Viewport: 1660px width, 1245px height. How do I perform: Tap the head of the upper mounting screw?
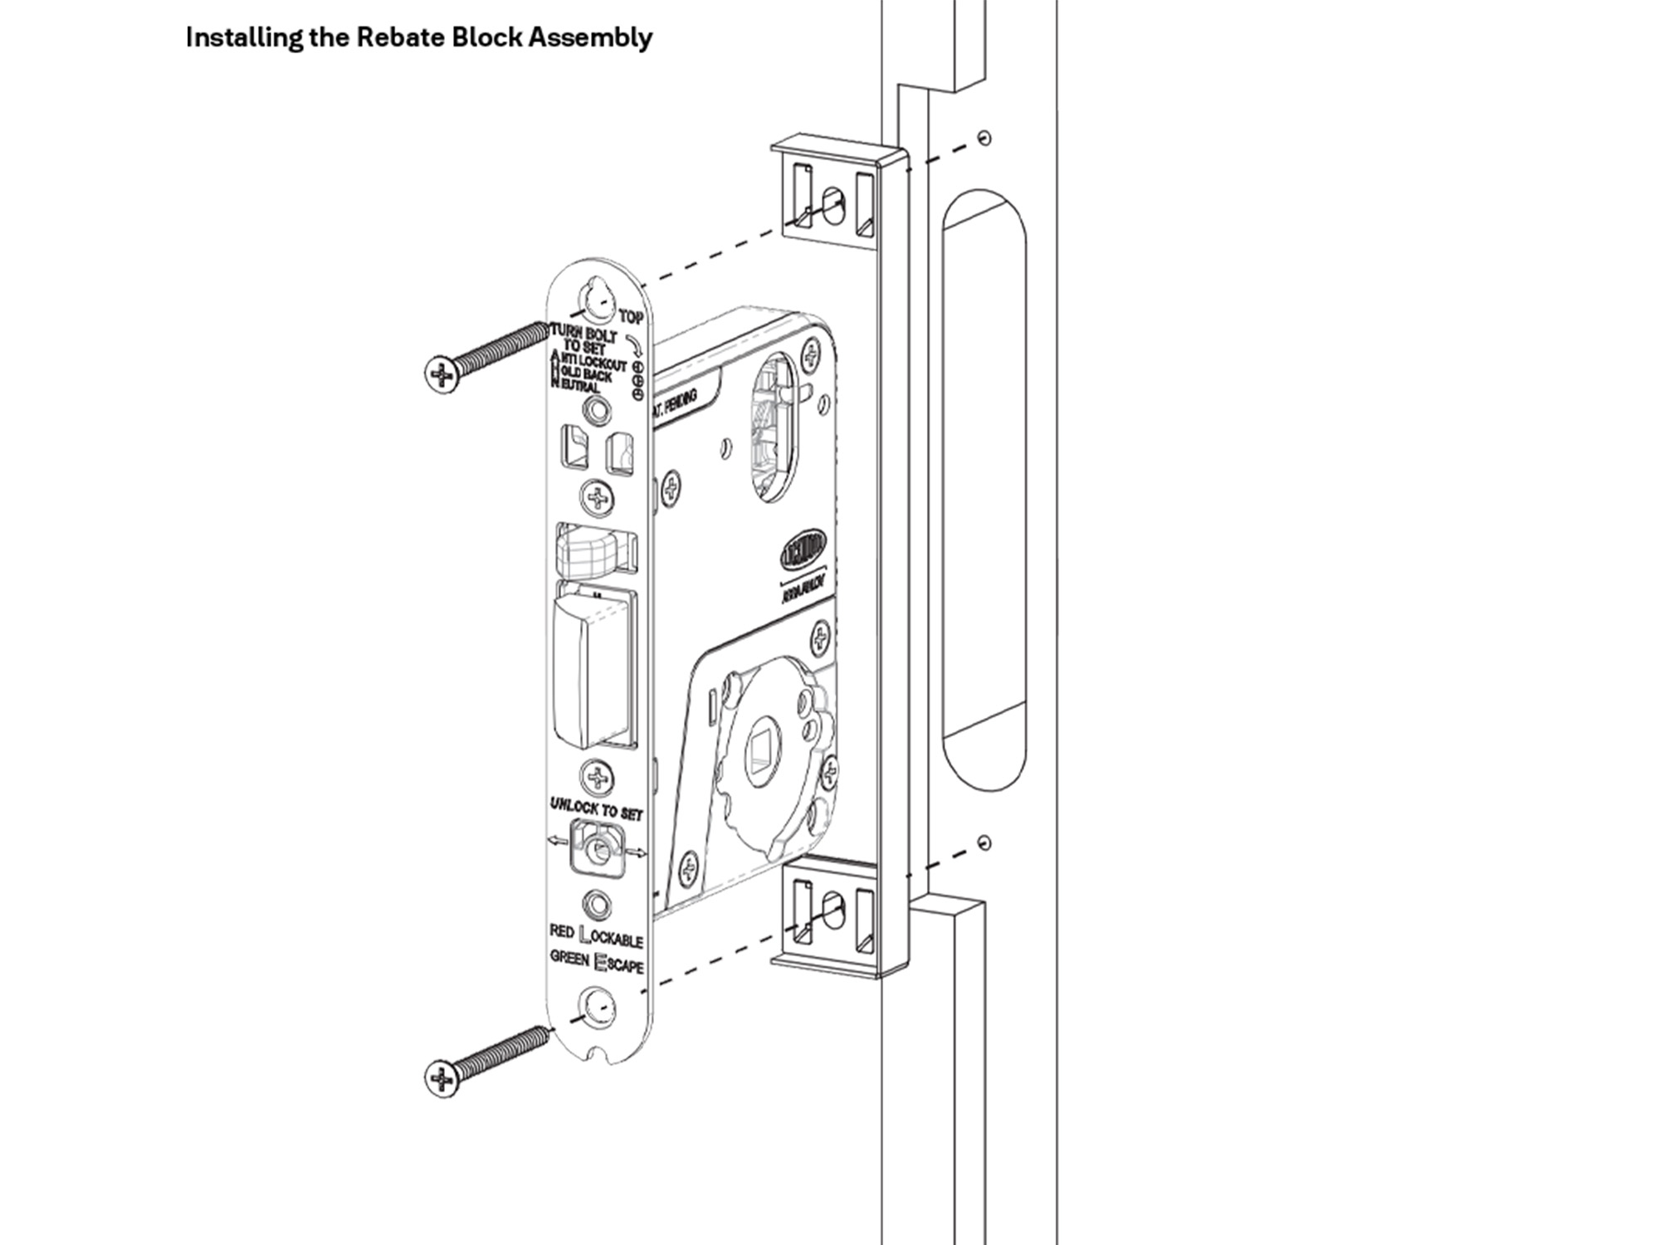[x=442, y=374]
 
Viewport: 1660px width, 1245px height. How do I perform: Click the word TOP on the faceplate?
[x=631, y=317]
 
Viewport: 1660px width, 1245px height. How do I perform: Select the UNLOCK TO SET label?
[x=596, y=809]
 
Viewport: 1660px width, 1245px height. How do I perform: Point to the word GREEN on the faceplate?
[x=569, y=958]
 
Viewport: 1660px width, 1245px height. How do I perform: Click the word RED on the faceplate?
[x=561, y=931]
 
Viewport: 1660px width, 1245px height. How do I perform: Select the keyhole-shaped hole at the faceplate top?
[x=596, y=303]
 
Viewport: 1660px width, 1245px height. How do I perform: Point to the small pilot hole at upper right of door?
[x=984, y=137]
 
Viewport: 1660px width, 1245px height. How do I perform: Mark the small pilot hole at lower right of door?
[x=984, y=843]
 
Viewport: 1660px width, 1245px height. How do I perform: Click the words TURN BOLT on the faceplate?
[x=584, y=335]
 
